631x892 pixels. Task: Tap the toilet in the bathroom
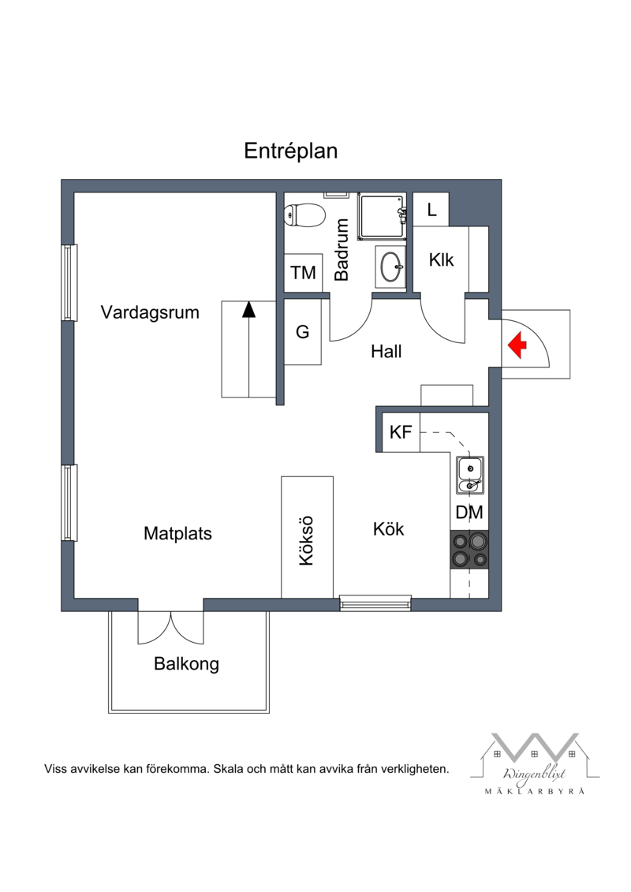coord(304,215)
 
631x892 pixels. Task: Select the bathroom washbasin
coord(391,267)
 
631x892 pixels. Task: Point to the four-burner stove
coord(469,550)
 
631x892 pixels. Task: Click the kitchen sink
coord(470,475)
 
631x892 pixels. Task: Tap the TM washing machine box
coord(303,273)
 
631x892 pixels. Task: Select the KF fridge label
coord(401,432)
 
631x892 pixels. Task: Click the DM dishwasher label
coord(469,513)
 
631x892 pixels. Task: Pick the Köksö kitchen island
coord(308,537)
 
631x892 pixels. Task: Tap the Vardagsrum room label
coord(150,312)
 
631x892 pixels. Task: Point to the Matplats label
coord(177,534)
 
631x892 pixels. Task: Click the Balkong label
coord(187,664)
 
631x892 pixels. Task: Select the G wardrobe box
coord(303,332)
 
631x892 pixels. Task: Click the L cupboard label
coord(432,210)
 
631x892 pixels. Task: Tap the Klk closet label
coord(442,260)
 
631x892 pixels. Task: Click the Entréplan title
coord(291,151)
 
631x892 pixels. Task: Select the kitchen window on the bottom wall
coord(375,603)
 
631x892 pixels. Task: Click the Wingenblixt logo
coord(534,763)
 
